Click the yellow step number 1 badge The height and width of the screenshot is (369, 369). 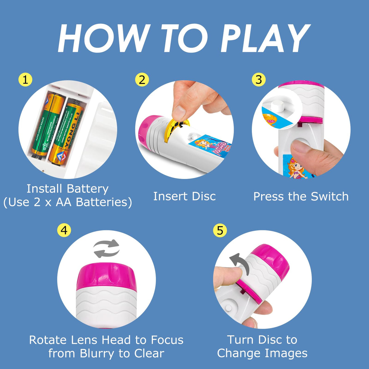coord(25,80)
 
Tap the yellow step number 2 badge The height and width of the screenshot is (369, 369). coord(142,80)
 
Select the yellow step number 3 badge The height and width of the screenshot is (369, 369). coord(259,80)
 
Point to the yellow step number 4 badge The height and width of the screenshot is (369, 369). coord(64,230)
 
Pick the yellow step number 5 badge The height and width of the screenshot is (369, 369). coord(220,230)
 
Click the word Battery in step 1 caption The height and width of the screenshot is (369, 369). coord(88,189)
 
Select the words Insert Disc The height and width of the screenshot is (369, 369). coord(184,196)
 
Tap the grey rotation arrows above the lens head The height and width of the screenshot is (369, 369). coord(106,248)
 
